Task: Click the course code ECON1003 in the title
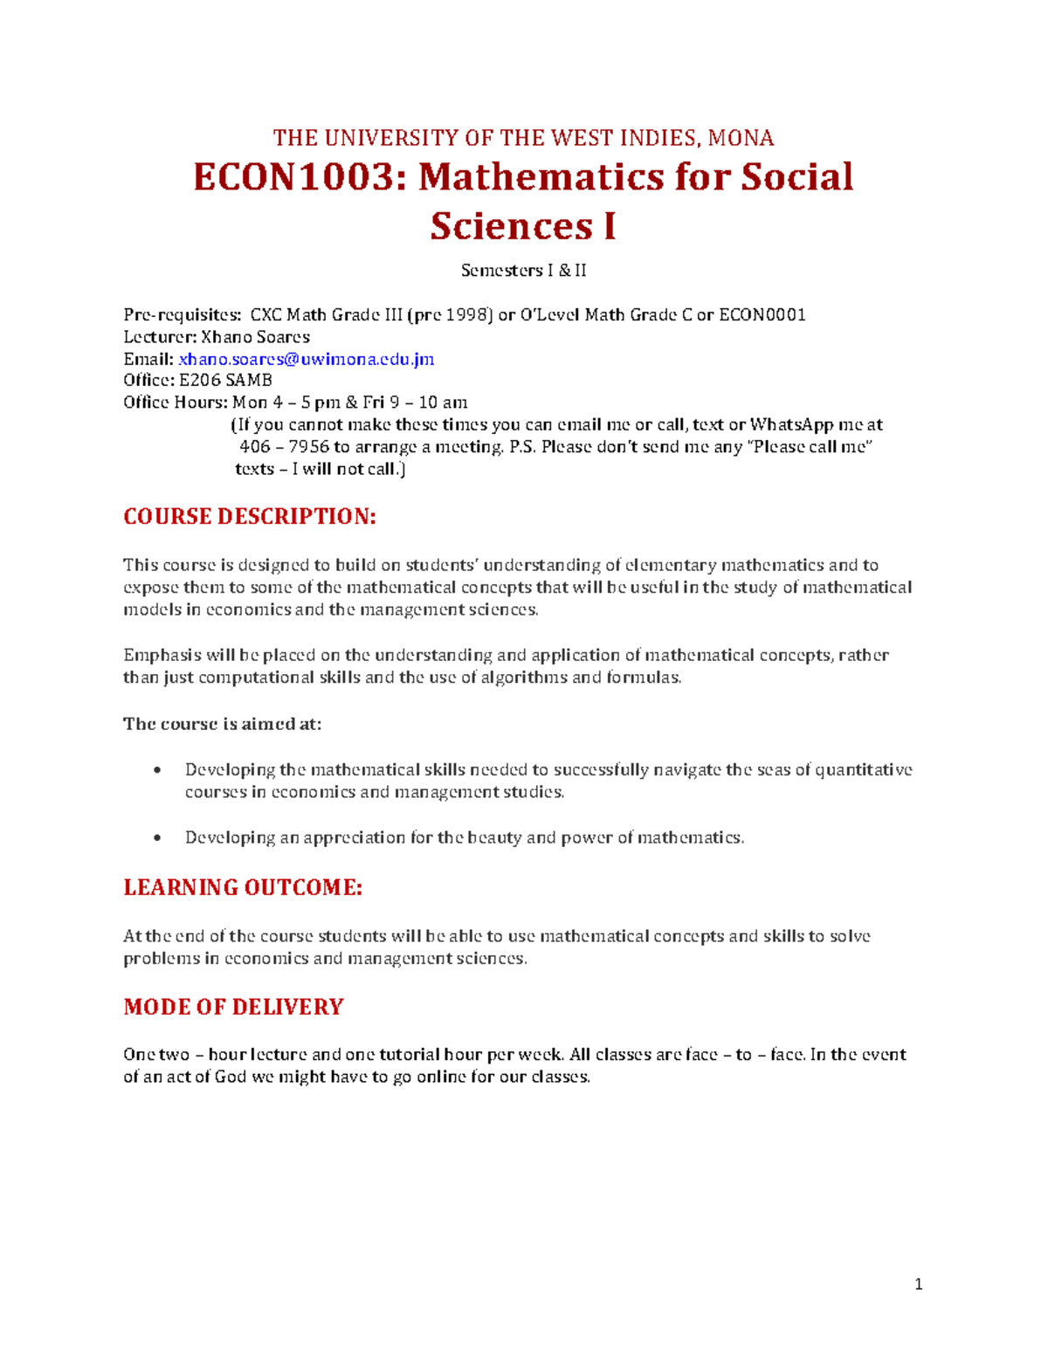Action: coord(293,177)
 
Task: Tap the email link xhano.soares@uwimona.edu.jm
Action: coord(306,359)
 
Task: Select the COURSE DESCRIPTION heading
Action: coord(250,517)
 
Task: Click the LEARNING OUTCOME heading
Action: coord(243,888)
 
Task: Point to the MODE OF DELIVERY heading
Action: coord(233,1007)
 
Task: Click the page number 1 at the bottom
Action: coord(918,1284)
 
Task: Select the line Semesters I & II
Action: coord(523,271)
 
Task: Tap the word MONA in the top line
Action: coord(741,138)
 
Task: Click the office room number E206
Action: coord(200,381)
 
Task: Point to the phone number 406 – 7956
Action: coord(284,447)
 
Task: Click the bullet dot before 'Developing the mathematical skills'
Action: coord(157,770)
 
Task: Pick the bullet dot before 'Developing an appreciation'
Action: coord(157,838)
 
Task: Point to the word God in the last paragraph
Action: coord(231,1077)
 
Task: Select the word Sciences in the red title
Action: coord(511,226)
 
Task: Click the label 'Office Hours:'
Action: coord(176,403)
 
